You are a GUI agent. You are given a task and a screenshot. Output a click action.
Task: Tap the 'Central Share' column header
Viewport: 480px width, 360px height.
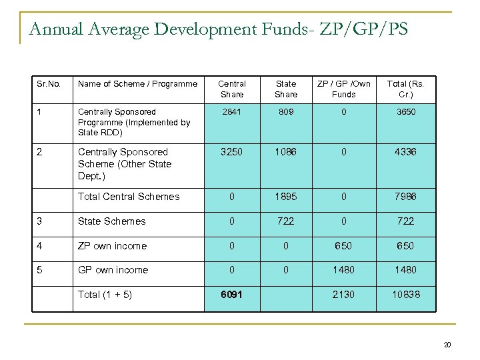click(232, 89)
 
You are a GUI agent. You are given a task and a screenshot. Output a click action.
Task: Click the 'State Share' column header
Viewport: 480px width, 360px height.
click(285, 89)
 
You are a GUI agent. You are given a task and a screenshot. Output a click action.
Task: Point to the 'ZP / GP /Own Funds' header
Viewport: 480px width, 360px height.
click(343, 89)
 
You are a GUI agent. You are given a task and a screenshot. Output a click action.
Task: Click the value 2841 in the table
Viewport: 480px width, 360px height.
click(232, 112)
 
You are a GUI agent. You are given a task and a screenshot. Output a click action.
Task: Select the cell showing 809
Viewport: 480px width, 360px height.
click(285, 112)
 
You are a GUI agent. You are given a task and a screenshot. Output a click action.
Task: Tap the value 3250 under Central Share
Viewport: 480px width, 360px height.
click(232, 152)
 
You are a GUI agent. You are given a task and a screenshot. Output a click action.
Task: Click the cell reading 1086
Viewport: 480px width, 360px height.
click(285, 152)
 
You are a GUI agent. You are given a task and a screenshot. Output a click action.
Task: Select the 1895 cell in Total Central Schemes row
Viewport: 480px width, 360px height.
click(285, 197)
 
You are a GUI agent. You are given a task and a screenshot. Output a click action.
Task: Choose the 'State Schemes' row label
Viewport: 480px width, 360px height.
click(111, 221)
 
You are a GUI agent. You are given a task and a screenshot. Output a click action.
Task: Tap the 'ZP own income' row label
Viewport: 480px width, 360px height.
click(112, 246)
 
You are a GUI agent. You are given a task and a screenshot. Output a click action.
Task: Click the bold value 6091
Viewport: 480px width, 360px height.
click(232, 295)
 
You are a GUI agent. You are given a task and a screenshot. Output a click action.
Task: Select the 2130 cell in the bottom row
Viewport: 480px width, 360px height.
click(343, 295)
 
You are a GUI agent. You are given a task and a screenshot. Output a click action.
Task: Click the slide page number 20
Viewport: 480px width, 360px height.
click(447, 345)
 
